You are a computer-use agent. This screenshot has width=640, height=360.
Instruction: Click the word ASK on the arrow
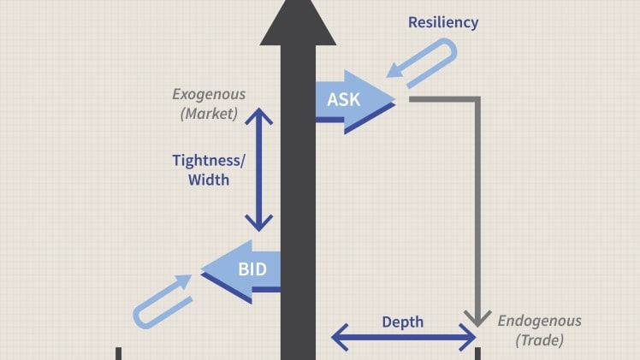coord(344,98)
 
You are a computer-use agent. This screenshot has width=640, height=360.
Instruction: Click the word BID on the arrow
coord(252,271)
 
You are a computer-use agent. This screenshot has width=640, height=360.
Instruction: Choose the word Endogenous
coord(539,322)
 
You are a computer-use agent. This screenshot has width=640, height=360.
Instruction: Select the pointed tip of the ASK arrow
coord(394,100)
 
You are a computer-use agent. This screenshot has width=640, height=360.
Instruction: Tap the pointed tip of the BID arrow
coord(203,271)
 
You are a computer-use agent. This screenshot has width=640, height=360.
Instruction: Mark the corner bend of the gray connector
coord(477,99)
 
